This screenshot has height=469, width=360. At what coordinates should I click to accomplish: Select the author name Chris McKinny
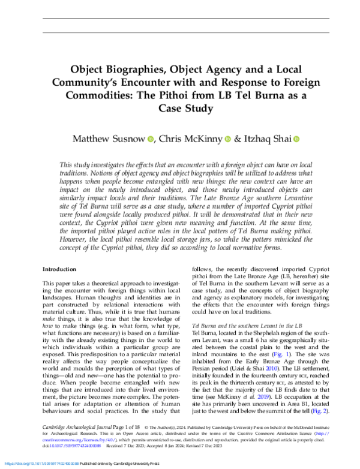[x=188, y=140]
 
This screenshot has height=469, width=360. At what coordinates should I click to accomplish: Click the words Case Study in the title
[x=180, y=109]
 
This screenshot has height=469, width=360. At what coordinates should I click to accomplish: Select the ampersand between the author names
[x=239, y=140]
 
